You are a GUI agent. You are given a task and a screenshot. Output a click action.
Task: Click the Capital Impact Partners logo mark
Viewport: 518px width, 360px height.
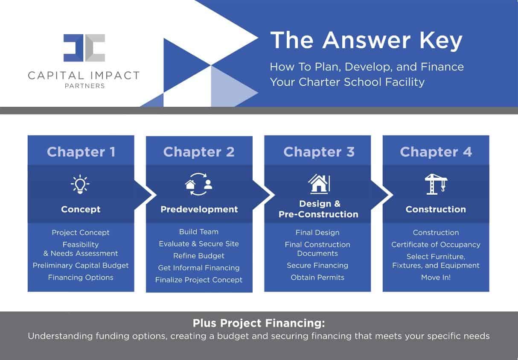(x=84, y=48)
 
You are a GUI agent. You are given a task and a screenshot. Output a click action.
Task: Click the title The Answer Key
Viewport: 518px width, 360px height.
(x=366, y=41)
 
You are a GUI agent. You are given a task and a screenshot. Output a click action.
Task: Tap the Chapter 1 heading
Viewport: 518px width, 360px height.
(x=81, y=152)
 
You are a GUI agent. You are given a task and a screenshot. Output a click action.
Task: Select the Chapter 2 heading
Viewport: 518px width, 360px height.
(x=199, y=152)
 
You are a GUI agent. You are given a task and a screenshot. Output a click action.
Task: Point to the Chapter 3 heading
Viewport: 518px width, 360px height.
(x=319, y=152)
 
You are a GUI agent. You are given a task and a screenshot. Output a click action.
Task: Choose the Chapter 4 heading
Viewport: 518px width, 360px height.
(x=436, y=152)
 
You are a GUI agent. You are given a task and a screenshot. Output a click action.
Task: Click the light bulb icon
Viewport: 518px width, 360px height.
(x=80, y=184)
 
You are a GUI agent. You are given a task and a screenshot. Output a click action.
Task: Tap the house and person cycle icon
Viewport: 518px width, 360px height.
(x=198, y=184)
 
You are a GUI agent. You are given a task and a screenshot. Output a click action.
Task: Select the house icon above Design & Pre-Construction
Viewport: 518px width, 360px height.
(x=319, y=184)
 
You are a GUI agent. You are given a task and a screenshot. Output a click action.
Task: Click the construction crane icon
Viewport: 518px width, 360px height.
(x=436, y=184)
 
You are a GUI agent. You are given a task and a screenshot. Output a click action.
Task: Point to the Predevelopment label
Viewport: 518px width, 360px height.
(x=199, y=209)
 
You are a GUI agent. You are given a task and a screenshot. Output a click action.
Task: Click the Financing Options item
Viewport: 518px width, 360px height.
(x=81, y=277)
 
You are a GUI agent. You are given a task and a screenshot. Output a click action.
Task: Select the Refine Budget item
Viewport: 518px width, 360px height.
(x=199, y=256)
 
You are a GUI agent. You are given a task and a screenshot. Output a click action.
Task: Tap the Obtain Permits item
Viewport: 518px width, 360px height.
(x=317, y=277)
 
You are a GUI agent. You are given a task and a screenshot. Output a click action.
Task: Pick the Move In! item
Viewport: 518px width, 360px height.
(x=436, y=277)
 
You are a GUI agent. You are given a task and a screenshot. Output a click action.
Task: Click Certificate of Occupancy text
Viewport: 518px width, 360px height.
(x=436, y=245)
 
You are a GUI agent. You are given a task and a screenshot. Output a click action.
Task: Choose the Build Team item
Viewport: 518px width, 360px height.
(x=199, y=232)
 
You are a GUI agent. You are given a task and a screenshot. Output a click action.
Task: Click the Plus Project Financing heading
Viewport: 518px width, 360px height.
(x=259, y=323)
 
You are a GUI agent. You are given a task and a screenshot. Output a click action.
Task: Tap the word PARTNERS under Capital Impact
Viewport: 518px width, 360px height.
(x=84, y=86)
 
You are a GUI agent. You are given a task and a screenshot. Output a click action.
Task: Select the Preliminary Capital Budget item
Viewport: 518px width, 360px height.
(x=81, y=265)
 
